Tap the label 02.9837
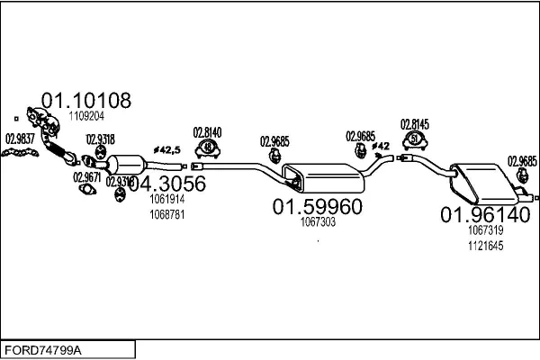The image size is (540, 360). click(x=21, y=138)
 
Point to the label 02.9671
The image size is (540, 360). click(x=87, y=177)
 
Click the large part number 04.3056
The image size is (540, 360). click(x=166, y=184)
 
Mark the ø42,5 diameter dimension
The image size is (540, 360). click(x=167, y=148)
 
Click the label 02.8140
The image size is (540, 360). click(x=208, y=132)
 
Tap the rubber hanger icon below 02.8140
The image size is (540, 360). click(x=208, y=148)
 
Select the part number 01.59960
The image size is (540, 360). click(x=317, y=207)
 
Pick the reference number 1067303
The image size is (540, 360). click(x=318, y=222)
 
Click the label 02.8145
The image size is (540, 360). click(x=415, y=124)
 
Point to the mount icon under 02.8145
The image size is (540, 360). click(x=415, y=139)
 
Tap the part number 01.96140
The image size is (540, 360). click(x=484, y=215)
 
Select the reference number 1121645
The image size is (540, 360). click(x=485, y=246)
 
